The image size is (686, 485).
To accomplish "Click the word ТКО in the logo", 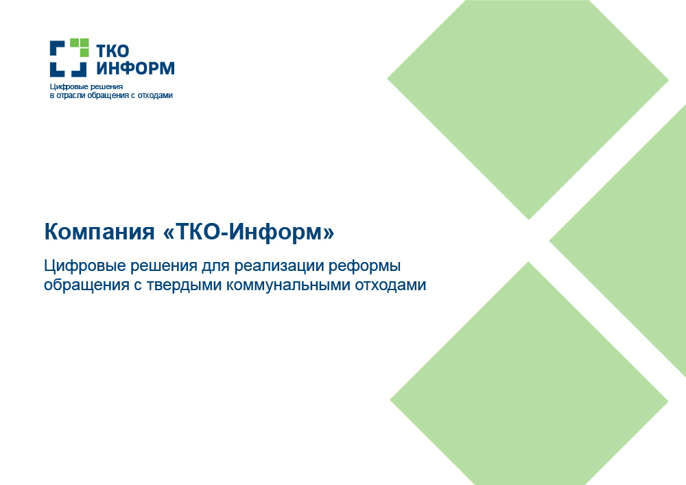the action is pos(113,51).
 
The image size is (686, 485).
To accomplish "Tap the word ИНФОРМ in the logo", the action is pos(135,68).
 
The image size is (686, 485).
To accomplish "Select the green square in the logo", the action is pos(80,47).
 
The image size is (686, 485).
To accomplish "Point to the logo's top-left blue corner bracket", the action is pos(58,47).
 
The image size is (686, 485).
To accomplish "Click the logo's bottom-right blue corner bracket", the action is pos(79,69).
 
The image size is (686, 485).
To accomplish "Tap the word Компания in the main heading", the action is pos(99,231).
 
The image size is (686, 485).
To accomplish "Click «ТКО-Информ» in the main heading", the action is pos(248,231).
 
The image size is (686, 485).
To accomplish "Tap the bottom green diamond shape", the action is pos(528,385).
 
